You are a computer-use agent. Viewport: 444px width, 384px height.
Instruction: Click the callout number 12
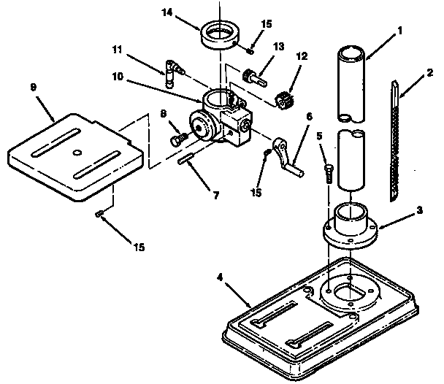[x=302, y=56]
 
